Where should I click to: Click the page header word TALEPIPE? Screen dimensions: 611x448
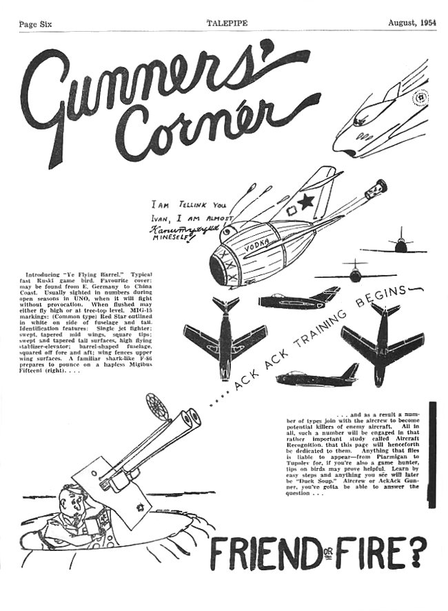click(x=227, y=23)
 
